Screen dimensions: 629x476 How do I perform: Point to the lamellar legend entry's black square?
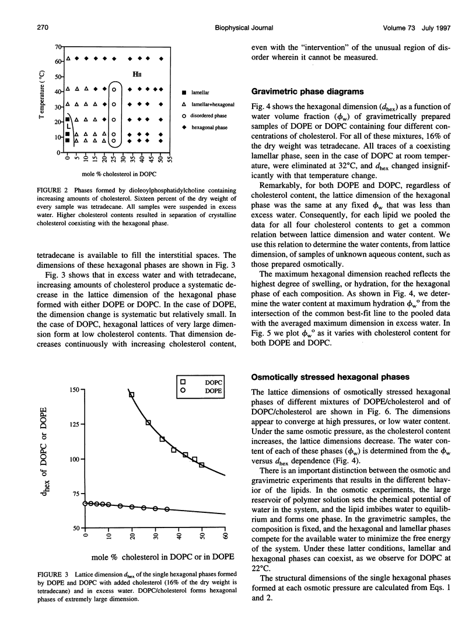click(184, 92)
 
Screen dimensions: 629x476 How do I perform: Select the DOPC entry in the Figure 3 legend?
click(200, 382)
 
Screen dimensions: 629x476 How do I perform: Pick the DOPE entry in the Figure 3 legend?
click(200, 391)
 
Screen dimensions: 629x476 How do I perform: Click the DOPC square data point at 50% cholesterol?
click(201, 465)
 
